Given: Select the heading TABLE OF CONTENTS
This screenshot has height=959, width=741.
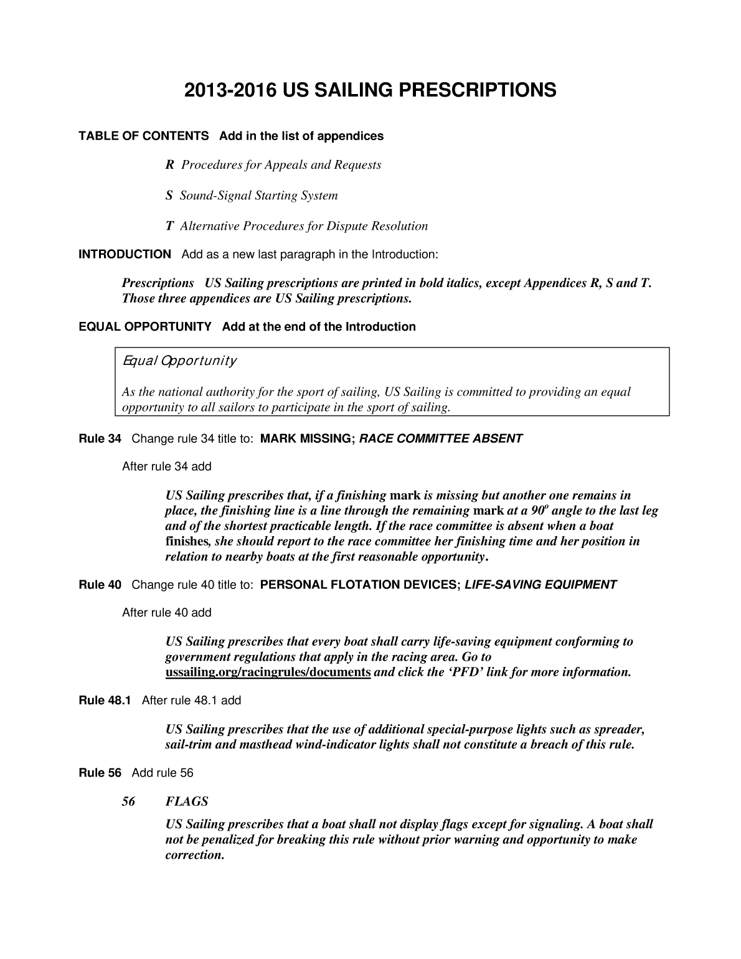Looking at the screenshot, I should (143, 136).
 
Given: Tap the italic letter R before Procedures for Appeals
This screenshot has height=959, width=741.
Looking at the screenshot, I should (169, 165).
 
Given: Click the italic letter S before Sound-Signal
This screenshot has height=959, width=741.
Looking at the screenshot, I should (168, 196).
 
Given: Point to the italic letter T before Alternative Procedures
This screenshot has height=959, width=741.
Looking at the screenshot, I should (169, 226).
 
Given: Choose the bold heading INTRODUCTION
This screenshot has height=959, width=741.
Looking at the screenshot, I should (125, 254).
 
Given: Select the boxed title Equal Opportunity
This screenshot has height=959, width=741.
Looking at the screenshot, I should (179, 361).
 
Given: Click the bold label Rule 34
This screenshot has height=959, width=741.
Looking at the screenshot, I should (100, 438).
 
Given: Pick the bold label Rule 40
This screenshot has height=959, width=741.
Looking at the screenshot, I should (100, 585).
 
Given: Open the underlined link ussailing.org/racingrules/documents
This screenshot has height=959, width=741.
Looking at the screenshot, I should (268, 672).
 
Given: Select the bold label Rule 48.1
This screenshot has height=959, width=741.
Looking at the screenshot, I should (105, 701).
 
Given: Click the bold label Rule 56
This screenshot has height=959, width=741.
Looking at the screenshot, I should (100, 773).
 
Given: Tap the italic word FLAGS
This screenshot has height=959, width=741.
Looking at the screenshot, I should (187, 801).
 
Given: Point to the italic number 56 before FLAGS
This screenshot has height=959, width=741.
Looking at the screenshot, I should (129, 801).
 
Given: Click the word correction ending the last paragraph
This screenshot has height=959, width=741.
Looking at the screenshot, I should (194, 855).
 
